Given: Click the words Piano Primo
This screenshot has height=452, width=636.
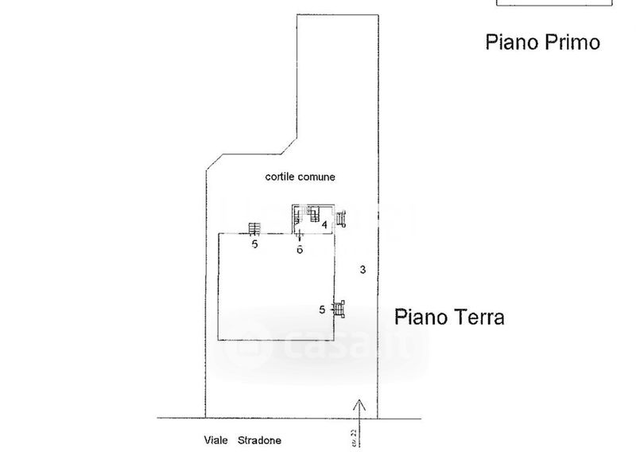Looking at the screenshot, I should pyautogui.click(x=542, y=42).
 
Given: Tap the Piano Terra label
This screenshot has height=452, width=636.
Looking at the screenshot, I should pyautogui.click(x=449, y=318).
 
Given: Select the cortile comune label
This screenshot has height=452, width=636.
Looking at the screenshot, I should pyautogui.click(x=296, y=177).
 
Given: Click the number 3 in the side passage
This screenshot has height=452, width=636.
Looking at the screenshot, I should pyautogui.click(x=362, y=270).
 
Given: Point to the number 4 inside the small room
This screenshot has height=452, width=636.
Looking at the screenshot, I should pyautogui.click(x=324, y=225).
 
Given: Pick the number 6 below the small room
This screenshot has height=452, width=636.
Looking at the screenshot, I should pyautogui.click(x=300, y=249).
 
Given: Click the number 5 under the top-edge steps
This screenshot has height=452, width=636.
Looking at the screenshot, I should pyautogui.click(x=254, y=245).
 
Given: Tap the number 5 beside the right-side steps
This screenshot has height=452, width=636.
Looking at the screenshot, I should pyautogui.click(x=322, y=309).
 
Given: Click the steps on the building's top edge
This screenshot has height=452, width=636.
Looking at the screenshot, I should pyautogui.click(x=254, y=229).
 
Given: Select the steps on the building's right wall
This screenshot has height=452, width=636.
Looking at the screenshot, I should pyautogui.click(x=340, y=309).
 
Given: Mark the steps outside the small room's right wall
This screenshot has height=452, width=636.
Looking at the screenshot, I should pyautogui.click(x=343, y=219).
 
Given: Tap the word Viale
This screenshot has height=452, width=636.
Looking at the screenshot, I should pyautogui.click(x=211, y=439).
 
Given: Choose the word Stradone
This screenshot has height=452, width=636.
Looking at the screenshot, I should pyautogui.click(x=258, y=439).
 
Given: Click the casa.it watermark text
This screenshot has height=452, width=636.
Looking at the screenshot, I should pyautogui.click(x=342, y=347).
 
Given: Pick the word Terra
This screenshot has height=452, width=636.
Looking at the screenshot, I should pyautogui.click(x=477, y=318).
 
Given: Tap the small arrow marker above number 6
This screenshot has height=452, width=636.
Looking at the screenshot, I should pyautogui.click(x=299, y=236).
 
